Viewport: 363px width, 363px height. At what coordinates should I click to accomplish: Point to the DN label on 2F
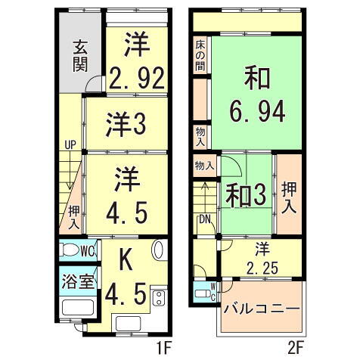(x=205, y=219)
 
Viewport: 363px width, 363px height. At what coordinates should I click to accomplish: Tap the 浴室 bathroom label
(x=78, y=281)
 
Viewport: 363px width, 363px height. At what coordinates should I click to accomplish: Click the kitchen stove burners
(x=159, y=297)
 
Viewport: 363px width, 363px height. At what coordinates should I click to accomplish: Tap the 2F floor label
(x=295, y=349)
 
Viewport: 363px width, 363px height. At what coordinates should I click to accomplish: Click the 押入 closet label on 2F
(x=288, y=194)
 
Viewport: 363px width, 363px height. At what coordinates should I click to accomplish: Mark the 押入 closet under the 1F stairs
(x=73, y=216)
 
